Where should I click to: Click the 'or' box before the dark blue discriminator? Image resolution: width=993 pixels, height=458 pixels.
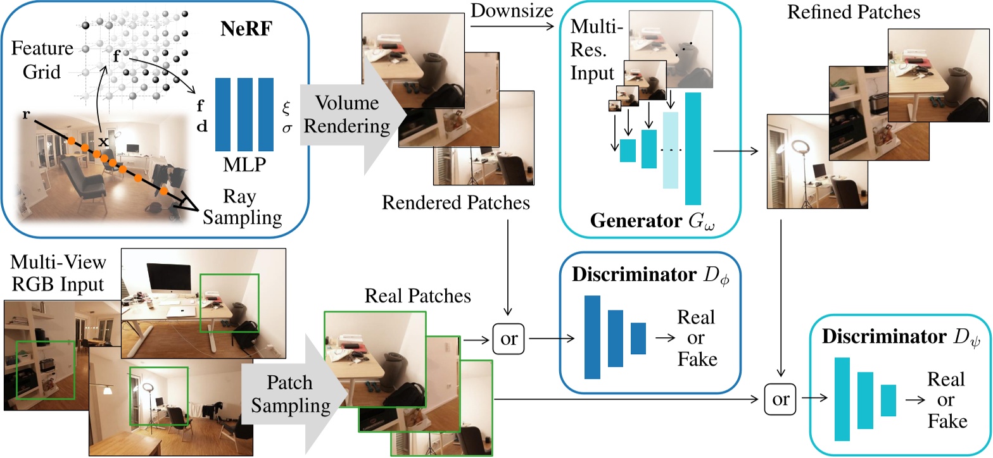pyautogui.click(x=509, y=339)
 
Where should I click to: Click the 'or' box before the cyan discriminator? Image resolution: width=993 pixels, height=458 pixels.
pyautogui.click(x=781, y=399)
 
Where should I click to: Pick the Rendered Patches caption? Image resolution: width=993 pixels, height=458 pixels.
pyautogui.click(x=456, y=203)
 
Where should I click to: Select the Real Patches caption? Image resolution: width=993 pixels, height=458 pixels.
pyautogui.click(x=417, y=296)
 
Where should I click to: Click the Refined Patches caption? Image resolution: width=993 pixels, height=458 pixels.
pyautogui.click(x=854, y=12)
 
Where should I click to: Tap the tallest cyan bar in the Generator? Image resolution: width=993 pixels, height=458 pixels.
pyautogui.click(x=693, y=149)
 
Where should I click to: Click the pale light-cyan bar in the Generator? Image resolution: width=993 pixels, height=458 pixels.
pyautogui.click(x=670, y=151)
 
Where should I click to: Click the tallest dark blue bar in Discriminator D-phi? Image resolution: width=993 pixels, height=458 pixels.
pyautogui.click(x=592, y=337)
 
